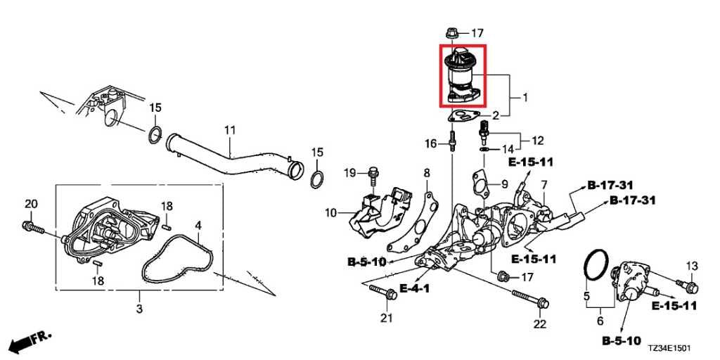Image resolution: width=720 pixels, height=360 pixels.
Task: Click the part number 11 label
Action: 230,130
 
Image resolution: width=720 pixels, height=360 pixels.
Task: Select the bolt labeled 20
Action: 33,226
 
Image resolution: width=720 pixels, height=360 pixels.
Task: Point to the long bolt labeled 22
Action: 530,298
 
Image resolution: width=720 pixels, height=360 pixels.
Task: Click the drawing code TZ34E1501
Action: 669,349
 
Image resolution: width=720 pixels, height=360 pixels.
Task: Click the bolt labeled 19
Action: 373,179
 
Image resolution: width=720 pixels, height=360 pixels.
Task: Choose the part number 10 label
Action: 331,212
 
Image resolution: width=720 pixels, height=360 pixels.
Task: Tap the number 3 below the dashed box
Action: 140,309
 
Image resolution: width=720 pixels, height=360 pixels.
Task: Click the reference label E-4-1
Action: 415,288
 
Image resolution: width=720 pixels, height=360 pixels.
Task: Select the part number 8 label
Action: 427,173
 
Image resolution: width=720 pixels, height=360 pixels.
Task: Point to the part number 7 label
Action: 544,185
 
